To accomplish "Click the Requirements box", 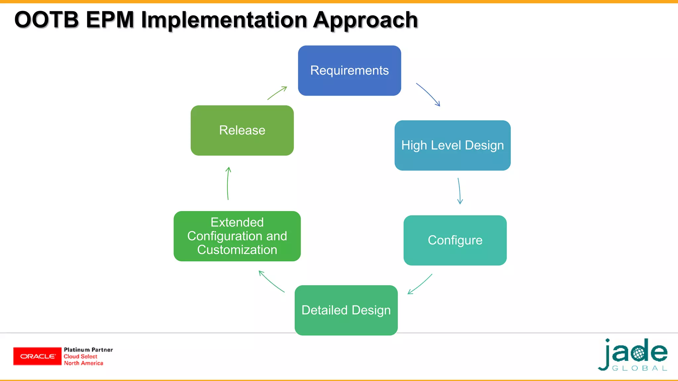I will point(349,70).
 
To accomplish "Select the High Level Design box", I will point(452,146).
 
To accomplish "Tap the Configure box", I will point(455,240).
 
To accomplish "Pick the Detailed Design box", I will point(346,310).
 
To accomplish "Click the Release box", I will point(242,130).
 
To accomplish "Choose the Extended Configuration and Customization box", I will point(237,236).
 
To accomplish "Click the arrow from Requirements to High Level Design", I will point(429,94).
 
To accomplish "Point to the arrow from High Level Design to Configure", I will point(459,191).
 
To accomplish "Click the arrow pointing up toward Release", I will point(228,183).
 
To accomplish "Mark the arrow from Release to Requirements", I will point(277,93).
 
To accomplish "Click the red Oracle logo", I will point(37,356).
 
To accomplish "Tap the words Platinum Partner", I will point(88,350).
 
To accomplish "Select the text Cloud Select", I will point(80,357).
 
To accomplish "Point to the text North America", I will point(83,363).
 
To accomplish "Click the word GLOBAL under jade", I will point(639,368).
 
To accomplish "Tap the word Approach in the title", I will point(365,21).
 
